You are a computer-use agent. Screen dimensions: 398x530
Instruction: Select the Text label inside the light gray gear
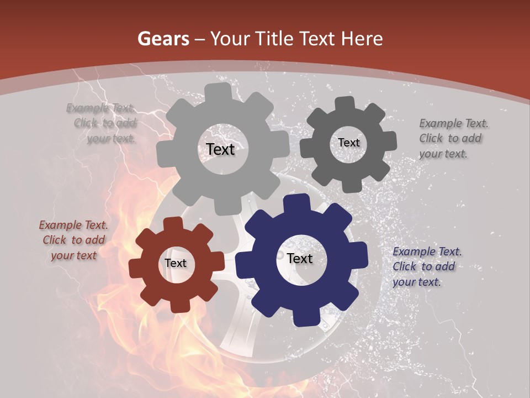point(220,149)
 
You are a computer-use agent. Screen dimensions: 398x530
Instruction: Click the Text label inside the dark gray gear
point(348,143)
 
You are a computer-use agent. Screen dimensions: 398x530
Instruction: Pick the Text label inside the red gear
point(176,264)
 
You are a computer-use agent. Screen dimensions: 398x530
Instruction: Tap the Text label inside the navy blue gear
point(300,258)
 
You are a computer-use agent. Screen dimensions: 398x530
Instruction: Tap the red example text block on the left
point(73,240)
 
